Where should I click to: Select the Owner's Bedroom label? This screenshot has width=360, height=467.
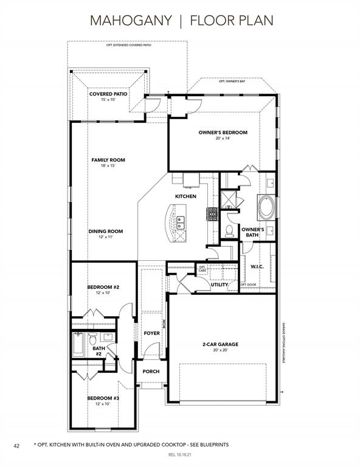coord(223,133)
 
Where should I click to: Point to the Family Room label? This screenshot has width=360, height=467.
coord(108,160)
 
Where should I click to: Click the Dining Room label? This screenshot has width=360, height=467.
coord(105,231)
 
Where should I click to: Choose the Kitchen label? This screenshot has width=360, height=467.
coord(185,196)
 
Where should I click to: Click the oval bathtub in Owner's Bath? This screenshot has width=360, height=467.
coord(266,207)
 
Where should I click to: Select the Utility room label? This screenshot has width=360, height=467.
coord(219,284)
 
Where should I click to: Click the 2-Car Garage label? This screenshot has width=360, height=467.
coord(220,345)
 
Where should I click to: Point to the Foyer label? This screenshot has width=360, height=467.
coord(151,333)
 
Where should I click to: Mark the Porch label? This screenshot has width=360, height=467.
coord(151,371)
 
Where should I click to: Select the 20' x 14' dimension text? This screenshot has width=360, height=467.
coord(223,139)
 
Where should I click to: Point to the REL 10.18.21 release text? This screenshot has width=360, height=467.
coord(180,455)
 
